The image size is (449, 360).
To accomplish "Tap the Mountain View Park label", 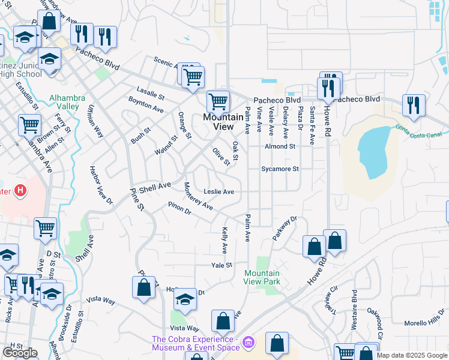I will (262, 277).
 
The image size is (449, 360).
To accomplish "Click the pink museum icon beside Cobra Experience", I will (250, 343).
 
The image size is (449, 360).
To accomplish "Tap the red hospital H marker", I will (20, 191).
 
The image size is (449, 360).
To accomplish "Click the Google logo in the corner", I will (20, 353).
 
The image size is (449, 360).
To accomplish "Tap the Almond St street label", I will (280, 146).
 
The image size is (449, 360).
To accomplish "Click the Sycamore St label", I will (280, 169).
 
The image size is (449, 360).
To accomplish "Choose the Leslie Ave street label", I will (218, 192).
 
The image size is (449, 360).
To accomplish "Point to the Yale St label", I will (221, 265).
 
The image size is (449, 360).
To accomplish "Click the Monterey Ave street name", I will (198, 196).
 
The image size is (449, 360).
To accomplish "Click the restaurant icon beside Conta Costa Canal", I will (414, 106).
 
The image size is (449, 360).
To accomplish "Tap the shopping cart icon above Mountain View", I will (217, 101).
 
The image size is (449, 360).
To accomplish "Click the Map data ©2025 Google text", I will (412, 355).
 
